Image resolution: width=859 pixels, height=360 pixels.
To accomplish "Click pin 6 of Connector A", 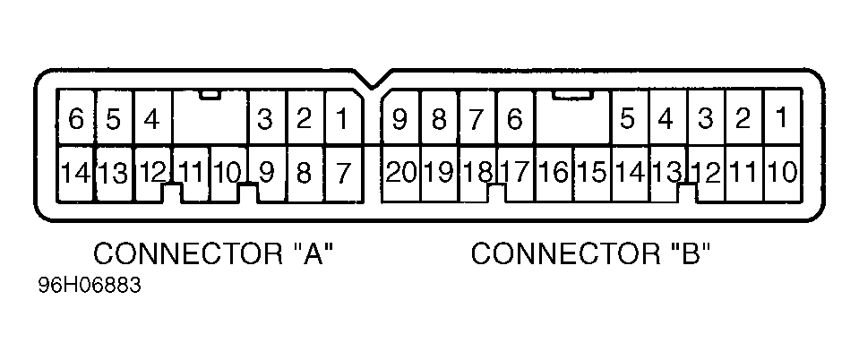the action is [x=76, y=119].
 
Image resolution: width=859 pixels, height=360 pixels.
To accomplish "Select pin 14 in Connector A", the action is [x=76, y=172].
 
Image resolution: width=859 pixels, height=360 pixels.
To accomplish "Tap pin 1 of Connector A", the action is [x=342, y=119].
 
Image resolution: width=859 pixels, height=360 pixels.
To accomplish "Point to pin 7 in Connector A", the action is [x=342, y=172].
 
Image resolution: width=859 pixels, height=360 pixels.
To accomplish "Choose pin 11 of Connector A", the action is [x=190, y=170].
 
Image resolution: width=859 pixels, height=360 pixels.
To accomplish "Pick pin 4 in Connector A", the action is [x=152, y=119].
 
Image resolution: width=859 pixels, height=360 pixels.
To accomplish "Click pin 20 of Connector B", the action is [x=400, y=172].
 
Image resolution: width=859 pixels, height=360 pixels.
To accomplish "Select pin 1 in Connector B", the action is [x=781, y=117].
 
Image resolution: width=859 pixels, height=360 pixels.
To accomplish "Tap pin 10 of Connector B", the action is [x=781, y=172].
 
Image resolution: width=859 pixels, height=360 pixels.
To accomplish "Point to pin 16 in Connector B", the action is [x=554, y=172].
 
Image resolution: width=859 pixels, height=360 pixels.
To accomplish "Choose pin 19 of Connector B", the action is [x=439, y=172].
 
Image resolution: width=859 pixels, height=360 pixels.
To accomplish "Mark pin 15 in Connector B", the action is [x=591, y=172].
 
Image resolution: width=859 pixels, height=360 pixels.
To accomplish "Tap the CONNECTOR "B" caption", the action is [x=591, y=254].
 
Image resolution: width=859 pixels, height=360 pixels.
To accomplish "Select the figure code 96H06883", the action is [x=90, y=289].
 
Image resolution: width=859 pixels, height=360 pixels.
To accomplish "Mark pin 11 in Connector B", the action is [x=743, y=172].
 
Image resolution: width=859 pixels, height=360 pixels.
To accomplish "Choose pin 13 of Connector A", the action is [x=114, y=172].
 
